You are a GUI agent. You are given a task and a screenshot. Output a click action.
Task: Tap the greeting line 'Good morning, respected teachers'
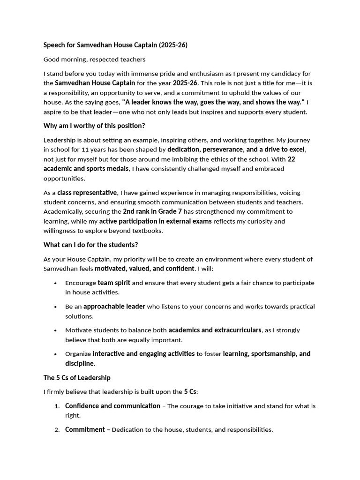pyautogui.click(x=94, y=60)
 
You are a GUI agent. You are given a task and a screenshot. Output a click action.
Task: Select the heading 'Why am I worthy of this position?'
pyautogui.click(x=94, y=126)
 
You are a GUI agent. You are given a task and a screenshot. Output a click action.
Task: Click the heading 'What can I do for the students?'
pyautogui.click(x=90, y=245)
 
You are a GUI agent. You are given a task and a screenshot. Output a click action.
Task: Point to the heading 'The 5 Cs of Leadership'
pyautogui.click(x=77, y=377)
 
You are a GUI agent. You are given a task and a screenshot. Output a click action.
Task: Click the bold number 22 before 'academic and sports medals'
pyautogui.click(x=291, y=159)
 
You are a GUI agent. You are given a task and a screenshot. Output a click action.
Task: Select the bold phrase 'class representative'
pyautogui.click(x=87, y=193)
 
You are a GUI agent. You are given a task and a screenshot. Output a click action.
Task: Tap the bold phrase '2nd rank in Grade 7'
pyautogui.click(x=152, y=211)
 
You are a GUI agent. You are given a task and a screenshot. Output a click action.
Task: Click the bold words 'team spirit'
pyautogui.click(x=114, y=283)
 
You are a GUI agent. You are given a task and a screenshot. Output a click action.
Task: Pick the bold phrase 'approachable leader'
pyautogui.click(x=114, y=307)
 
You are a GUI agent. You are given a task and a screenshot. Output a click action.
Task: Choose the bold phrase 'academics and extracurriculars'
pyautogui.click(x=215, y=330)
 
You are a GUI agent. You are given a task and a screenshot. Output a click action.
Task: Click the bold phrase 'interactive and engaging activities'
pyautogui.click(x=143, y=354)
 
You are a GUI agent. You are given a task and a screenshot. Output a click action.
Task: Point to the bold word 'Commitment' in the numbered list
pyautogui.click(x=85, y=429)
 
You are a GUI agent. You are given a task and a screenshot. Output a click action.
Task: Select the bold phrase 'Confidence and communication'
pyautogui.click(x=112, y=406)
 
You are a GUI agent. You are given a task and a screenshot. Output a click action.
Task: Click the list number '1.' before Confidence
pyautogui.click(x=57, y=406)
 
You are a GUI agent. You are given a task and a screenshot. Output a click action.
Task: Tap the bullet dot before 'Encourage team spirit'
pyautogui.click(x=56, y=283)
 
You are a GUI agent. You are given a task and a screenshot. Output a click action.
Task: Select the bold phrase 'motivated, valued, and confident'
pyautogui.click(x=144, y=269)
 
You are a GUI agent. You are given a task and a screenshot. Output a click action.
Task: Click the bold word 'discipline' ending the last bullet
pyautogui.click(x=79, y=363)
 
